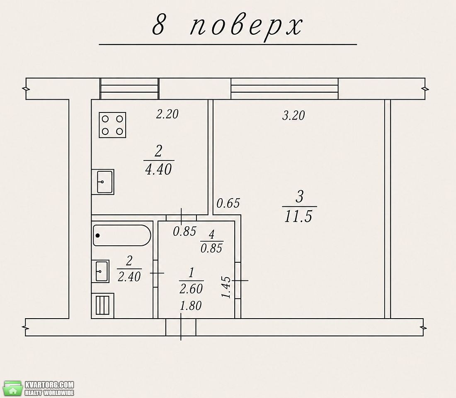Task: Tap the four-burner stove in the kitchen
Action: click(112, 125)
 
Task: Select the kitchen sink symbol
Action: click(103, 182)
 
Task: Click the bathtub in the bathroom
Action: click(122, 235)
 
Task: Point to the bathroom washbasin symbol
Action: click(101, 271)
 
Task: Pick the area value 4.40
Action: click(158, 169)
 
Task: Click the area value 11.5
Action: click(298, 216)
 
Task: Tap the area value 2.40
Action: click(129, 277)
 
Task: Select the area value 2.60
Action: click(191, 289)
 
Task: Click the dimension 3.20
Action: click(293, 115)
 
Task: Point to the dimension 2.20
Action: click(167, 114)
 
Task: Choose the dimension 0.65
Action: click(228, 203)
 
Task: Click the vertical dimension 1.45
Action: click(226, 288)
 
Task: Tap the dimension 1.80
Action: click(191, 306)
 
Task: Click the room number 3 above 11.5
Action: click(300, 197)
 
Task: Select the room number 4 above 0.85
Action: click(212, 235)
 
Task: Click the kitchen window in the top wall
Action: click(129, 89)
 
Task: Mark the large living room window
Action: click(285, 89)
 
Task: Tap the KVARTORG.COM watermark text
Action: click(49, 385)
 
